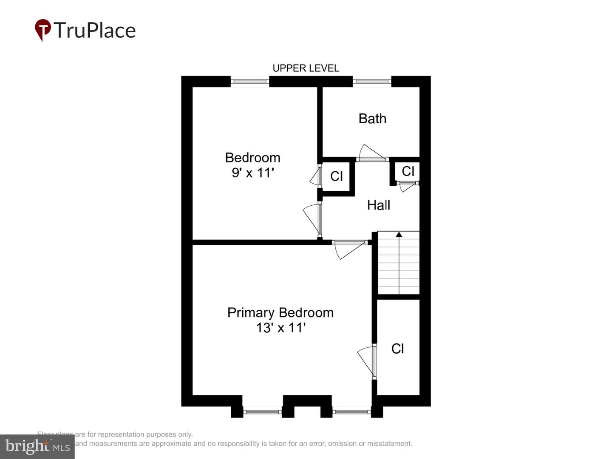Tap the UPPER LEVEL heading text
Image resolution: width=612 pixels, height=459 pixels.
306,68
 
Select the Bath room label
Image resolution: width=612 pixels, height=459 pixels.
372,119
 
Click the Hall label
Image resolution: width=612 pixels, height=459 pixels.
378,205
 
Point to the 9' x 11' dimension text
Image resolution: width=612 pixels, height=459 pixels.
252,173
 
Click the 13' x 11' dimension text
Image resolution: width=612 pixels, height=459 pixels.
280,328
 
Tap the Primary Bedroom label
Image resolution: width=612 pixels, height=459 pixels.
280,312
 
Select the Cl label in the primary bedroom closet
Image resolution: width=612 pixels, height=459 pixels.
397,348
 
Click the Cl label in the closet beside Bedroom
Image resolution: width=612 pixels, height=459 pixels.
336,176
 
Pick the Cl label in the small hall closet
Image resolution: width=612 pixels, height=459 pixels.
408,171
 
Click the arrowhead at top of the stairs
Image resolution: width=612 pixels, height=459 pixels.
399,234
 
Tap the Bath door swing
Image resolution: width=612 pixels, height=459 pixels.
371,153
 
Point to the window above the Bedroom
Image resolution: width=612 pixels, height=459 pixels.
249,81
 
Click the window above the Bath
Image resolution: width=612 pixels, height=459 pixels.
372,81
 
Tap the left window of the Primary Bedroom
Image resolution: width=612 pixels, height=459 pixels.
262,411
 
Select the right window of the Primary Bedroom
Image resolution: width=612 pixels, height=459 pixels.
351,411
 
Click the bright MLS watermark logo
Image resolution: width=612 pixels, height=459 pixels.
37,446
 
